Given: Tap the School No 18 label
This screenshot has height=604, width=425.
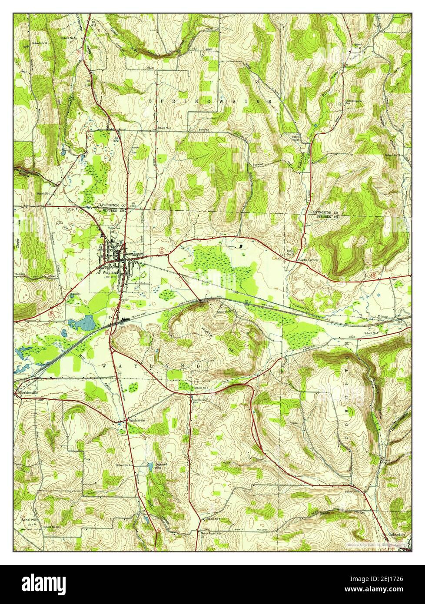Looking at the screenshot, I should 40,44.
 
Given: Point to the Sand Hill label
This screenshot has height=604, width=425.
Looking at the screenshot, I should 28,519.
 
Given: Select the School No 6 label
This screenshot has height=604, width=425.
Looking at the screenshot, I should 202,387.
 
